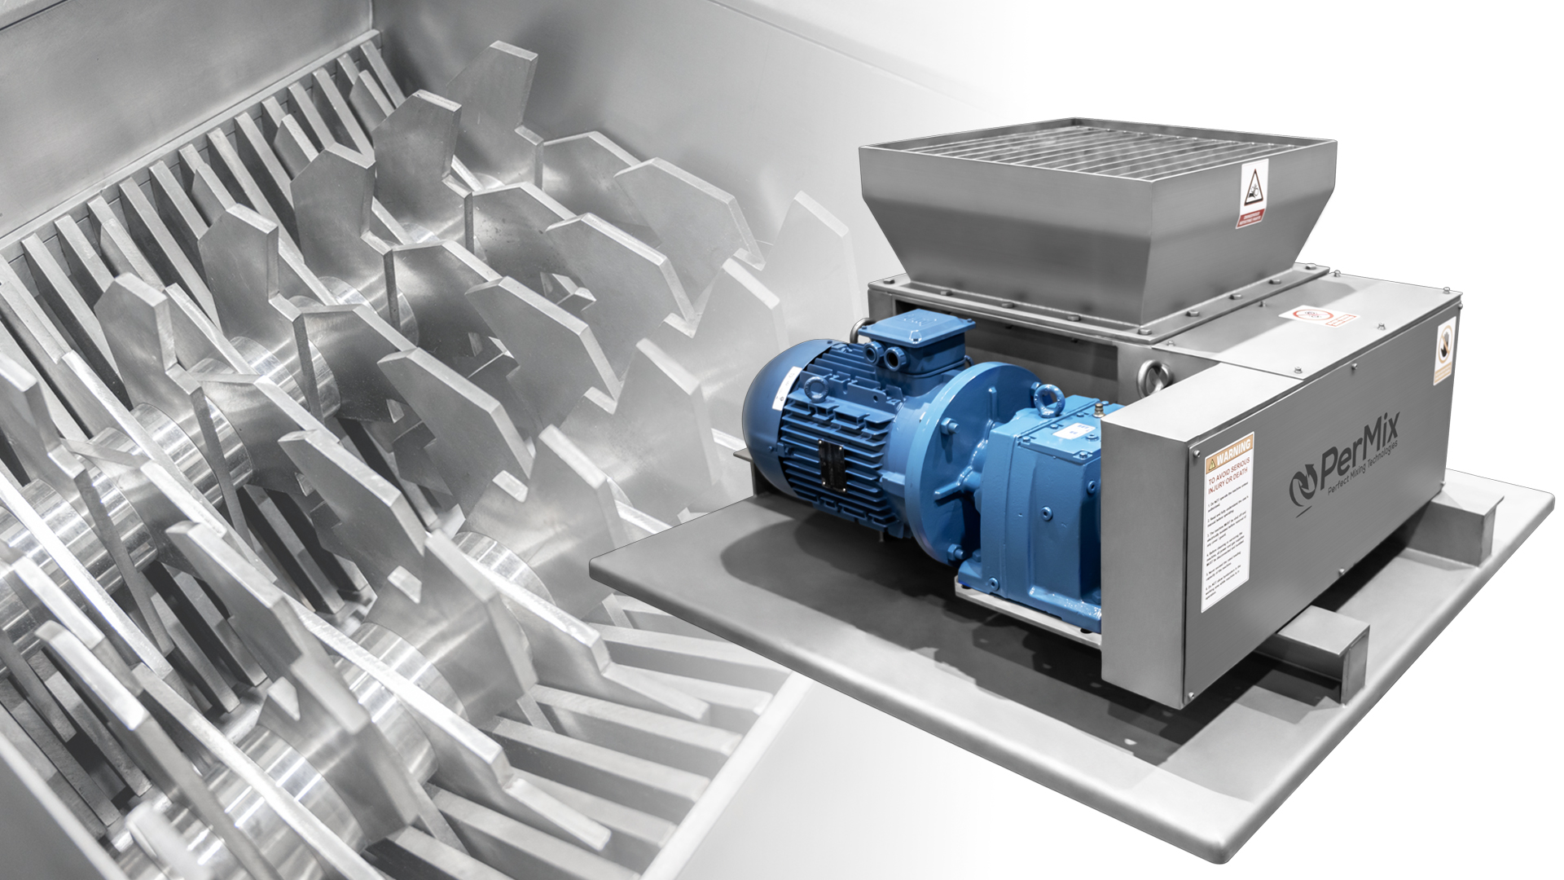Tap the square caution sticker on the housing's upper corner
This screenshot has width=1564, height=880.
click(x=1444, y=351)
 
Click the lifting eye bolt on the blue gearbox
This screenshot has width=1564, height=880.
click(x=1046, y=397)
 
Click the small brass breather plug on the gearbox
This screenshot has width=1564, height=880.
click(x=1096, y=404)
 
